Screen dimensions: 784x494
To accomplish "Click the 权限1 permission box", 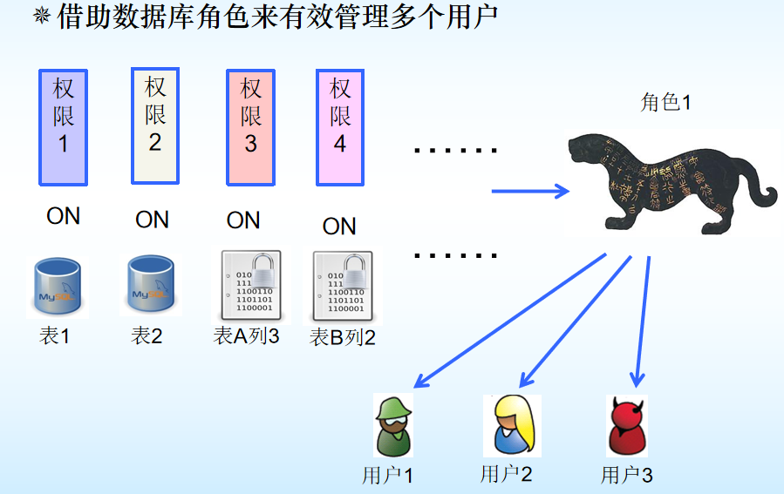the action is (x=64, y=127).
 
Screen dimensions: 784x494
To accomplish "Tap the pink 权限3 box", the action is (x=251, y=127).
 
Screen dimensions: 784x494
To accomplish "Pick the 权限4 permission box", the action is (x=340, y=127).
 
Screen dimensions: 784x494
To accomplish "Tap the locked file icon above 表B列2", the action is (x=342, y=288).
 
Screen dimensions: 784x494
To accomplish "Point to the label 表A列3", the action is (x=247, y=335).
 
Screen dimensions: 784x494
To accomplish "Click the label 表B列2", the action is (x=343, y=338).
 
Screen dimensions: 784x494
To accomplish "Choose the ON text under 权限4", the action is (x=339, y=227).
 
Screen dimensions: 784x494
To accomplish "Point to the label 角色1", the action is (x=665, y=103).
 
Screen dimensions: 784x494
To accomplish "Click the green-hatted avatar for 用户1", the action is (x=393, y=425).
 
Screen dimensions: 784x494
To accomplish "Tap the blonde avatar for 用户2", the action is (x=512, y=425).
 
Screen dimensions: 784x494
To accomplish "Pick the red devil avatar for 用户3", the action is (x=626, y=426).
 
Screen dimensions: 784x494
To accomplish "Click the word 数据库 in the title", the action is (x=161, y=17).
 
